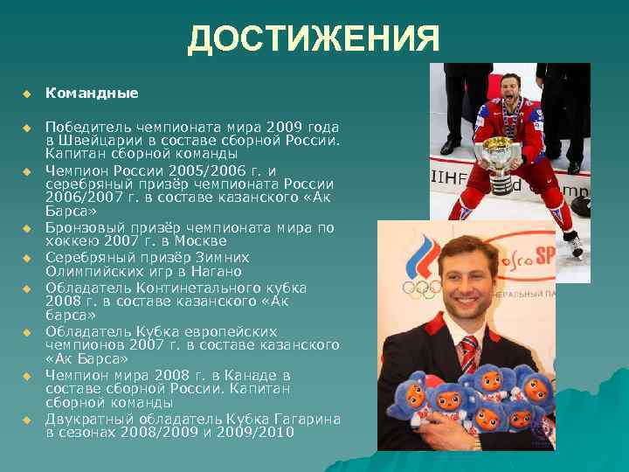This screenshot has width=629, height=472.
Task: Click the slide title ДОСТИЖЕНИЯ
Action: pyautogui.click(x=313, y=39)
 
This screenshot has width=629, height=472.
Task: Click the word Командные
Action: pyautogui.click(x=92, y=92)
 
